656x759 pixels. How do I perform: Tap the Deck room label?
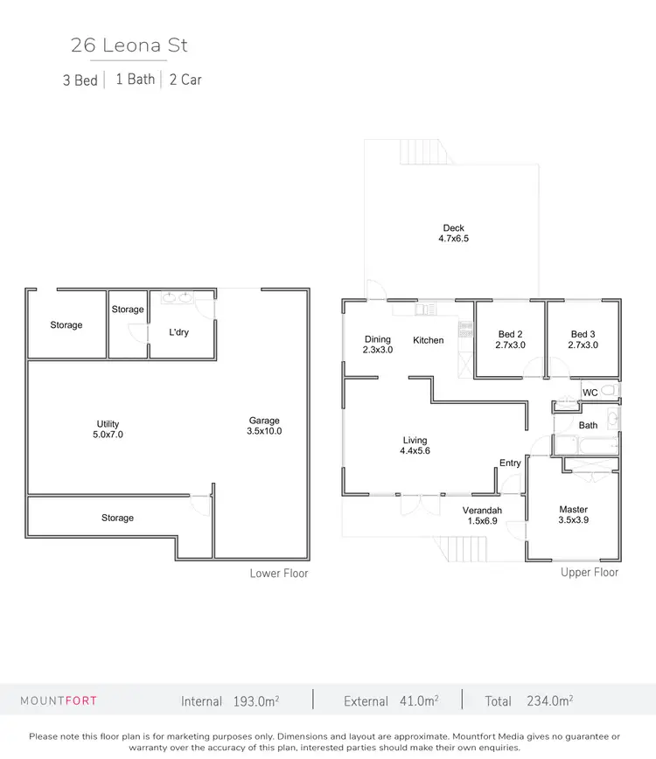[453, 228]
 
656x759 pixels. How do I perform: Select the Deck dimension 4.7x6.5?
[453, 238]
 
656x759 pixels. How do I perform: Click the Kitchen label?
[429, 340]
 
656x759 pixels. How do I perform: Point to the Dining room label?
[378, 339]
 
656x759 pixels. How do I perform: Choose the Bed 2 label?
[510, 334]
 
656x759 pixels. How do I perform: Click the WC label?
[590, 393]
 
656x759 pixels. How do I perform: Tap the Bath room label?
[588, 425]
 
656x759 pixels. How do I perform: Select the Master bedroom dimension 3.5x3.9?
[574, 519]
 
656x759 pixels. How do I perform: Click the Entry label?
[510, 463]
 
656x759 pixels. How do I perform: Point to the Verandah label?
[481, 510]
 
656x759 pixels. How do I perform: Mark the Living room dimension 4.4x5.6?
[415, 450]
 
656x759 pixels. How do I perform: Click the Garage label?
[264, 421]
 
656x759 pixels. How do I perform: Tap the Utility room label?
[108, 424]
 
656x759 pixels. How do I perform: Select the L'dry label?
[178, 332]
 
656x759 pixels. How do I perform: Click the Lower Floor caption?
[279, 574]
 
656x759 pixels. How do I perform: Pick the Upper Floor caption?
[590, 572]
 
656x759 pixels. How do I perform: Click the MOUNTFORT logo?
[59, 700]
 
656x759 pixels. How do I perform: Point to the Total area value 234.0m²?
[549, 700]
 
